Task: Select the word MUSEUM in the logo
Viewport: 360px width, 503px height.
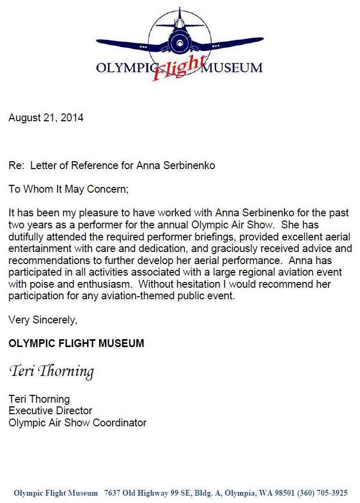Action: pyautogui.click(x=232, y=68)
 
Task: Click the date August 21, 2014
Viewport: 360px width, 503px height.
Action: pyautogui.click(x=46, y=118)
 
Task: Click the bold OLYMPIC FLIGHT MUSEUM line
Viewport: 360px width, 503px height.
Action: pyautogui.click(x=76, y=343)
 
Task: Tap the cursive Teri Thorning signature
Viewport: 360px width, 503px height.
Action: pyautogui.click(x=51, y=372)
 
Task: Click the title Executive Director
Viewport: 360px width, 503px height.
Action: pyautogui.click(x=50, y=411)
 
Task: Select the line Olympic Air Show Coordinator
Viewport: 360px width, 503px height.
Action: pyautogui.click(x=78, y=423)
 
